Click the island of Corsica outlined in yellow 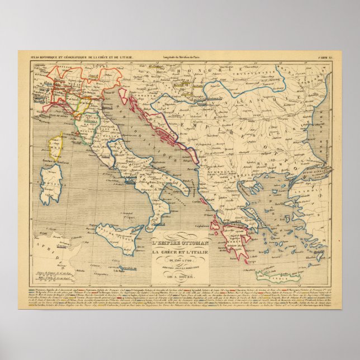click(56, 148)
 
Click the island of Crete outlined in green click(273, 275)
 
